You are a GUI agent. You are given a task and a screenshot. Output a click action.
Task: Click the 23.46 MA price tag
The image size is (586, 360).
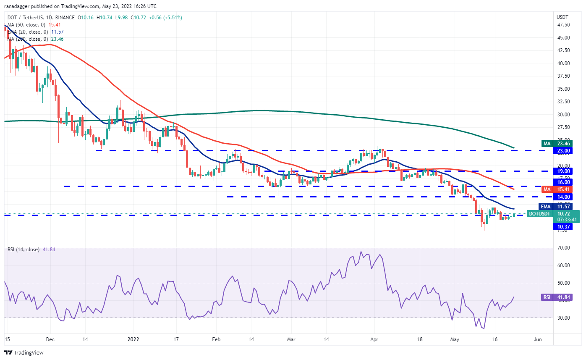[x=562, y=143]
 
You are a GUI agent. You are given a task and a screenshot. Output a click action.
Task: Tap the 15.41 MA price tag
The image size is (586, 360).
[x=562, y=189]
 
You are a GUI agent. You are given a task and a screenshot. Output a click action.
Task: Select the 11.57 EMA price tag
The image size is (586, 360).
[x=562, y=207]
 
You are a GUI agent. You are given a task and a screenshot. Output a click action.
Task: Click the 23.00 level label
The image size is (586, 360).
[x=562, y=150]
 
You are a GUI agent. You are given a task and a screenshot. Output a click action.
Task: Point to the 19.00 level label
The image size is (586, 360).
[x=562, y=171]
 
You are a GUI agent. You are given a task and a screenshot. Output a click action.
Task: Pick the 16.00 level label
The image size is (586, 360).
[x=562, y=182]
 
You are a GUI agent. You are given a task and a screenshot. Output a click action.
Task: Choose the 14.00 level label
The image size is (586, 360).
[x=562, y=197]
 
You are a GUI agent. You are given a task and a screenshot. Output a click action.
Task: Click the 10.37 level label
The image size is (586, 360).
[x=562, y=227]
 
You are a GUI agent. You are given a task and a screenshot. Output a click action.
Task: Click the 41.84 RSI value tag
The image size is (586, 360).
[x=562, y=297]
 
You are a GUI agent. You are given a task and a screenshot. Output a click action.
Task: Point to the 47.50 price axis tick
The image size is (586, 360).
[x=563, y=25]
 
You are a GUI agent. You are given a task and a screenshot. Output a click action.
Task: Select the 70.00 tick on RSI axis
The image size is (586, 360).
[x=563, y=248]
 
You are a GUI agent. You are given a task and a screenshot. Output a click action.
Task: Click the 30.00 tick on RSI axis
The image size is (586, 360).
[x=563, y=318]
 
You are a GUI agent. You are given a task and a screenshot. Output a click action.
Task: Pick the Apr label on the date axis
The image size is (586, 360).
[x=375, y=339]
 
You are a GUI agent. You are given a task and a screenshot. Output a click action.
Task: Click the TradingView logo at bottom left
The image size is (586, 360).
[x=24, y=352]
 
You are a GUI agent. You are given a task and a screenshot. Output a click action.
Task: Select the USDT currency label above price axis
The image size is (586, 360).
[x=562, y=17]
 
